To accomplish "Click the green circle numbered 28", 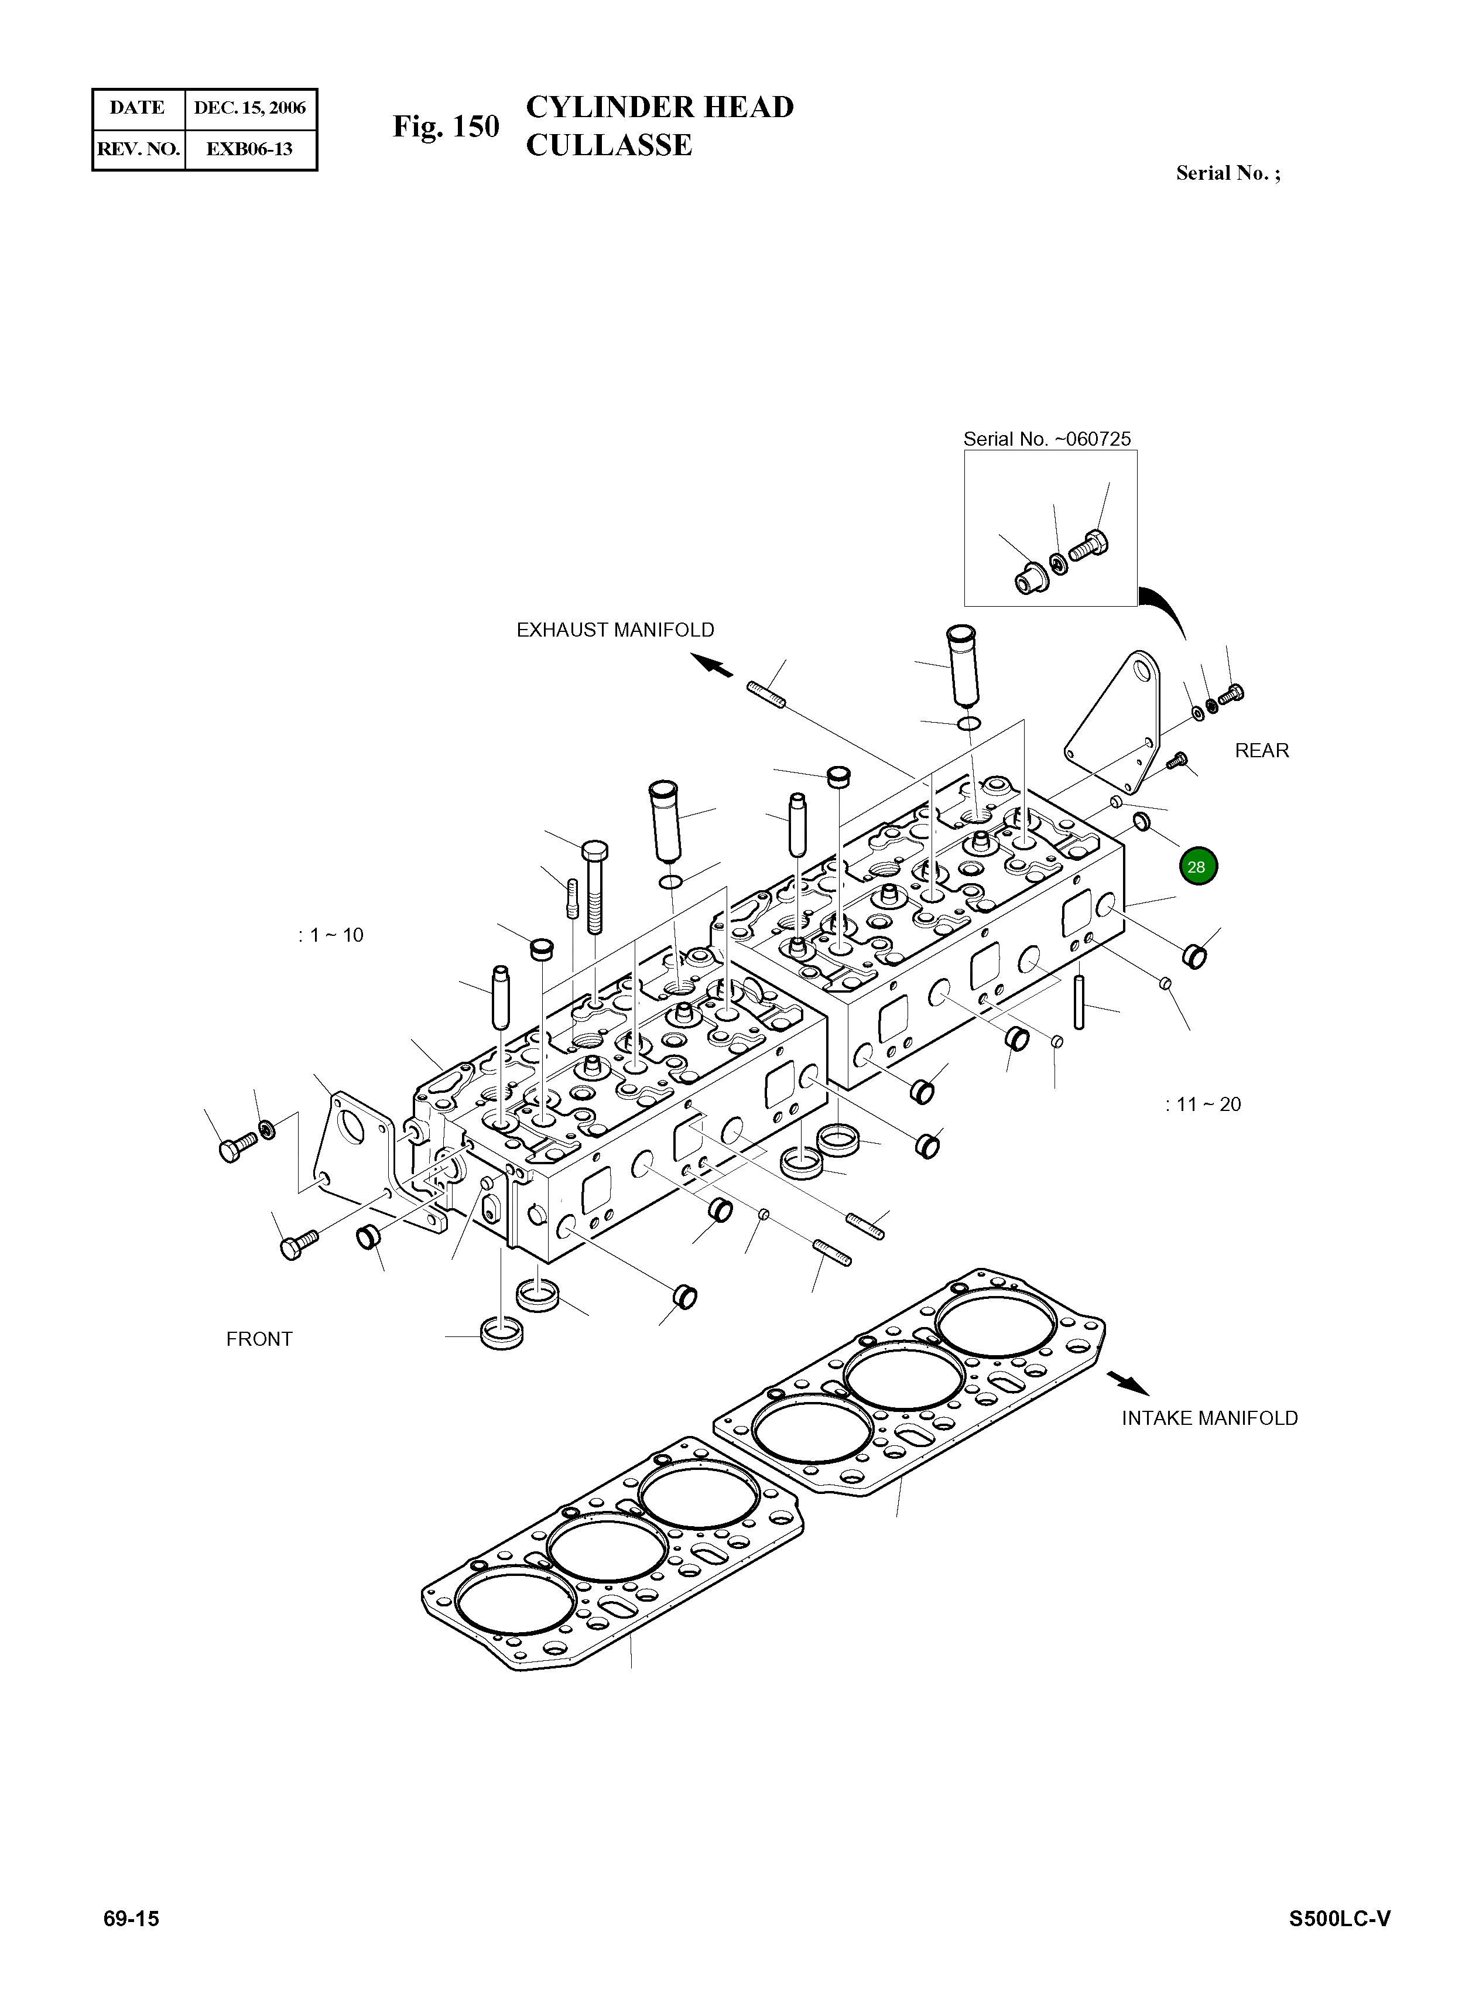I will tap(1198, 866).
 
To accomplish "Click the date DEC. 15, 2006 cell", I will tap(250, 108).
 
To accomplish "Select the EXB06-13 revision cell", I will tap(250, 149).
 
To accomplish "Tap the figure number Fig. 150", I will tap(446, 126).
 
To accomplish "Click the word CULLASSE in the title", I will tap(609, 145).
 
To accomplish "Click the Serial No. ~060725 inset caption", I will tap(1046, 439).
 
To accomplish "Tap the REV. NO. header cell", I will tap(138, 149).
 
